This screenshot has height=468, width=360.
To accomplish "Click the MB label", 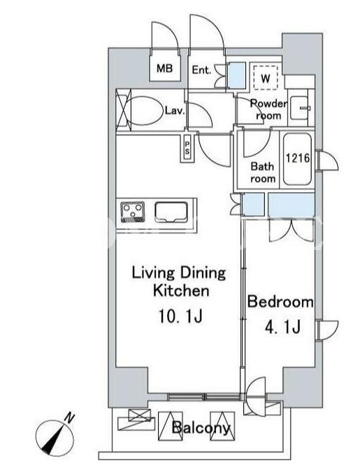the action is pos(164,68).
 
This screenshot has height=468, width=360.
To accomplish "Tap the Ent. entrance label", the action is pos(201,70).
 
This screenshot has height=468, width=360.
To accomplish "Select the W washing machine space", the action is pos(266,78).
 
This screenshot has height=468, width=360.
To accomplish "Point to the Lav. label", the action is pos(175,111).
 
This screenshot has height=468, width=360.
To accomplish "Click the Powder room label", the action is pos(268,110).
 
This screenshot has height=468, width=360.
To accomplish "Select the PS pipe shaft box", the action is pos(187,148).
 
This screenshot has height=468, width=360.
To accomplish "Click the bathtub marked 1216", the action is pos(298,159).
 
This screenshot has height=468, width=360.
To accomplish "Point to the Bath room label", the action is pos(263,173).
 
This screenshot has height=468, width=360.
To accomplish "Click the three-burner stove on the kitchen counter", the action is pos(133,212).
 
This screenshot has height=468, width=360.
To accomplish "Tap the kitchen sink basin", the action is pos(171,212).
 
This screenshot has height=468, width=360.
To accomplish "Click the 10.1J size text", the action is pos(180,316).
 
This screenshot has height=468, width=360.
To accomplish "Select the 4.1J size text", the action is pos(282,327).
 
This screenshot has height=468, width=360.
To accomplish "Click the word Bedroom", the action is pos(280,302).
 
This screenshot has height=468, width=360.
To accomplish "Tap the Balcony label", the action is pos(201,428).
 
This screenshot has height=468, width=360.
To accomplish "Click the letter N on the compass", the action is pos(70,418).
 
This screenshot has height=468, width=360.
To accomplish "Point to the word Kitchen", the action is pos(181,291).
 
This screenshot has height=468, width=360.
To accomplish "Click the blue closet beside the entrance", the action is pos(237,75).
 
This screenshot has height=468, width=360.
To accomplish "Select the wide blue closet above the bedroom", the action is pos(291,205).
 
